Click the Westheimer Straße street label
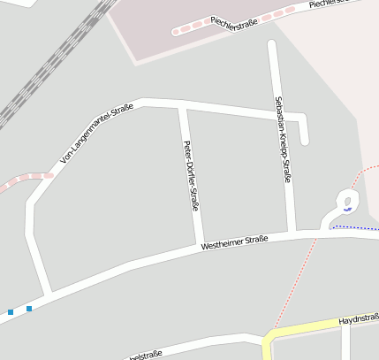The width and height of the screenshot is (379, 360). point(234,241)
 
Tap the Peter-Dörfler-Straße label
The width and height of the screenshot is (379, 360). point(188,175)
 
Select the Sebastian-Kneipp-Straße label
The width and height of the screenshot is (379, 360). point(283,140)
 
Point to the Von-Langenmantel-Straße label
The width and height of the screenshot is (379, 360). point(96,134)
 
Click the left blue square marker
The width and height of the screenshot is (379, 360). point(11,311)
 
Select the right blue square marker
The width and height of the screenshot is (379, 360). point(29,308)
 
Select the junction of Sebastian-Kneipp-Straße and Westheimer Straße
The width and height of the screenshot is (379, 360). point(292,234)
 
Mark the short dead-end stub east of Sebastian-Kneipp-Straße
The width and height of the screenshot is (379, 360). point(304,131)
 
